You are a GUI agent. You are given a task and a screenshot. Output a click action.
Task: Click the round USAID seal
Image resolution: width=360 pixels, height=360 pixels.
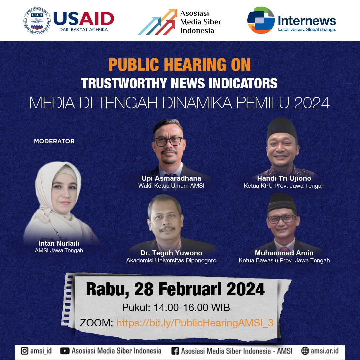(37, 21)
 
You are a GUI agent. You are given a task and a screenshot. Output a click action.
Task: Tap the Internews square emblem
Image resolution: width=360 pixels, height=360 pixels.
(261, 20)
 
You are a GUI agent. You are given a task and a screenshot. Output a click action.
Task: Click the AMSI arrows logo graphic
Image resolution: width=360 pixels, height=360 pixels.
(157, 22)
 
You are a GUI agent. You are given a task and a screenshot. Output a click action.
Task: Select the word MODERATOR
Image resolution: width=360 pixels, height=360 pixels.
(54, 141)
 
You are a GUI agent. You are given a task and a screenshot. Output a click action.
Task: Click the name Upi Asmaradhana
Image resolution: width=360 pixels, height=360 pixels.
(171, 178)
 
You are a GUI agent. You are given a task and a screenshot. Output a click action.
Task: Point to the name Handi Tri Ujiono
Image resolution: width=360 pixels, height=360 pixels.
(284, 178)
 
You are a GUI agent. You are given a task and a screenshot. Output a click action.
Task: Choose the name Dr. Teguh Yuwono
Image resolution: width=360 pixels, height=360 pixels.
(171, 253)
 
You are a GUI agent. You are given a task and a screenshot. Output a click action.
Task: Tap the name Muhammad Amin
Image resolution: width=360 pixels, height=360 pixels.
(284, 253)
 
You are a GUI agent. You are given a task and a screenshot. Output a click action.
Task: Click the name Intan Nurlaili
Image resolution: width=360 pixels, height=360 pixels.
(59, 243)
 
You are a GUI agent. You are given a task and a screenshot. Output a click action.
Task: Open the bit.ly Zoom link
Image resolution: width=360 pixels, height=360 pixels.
(195, 323)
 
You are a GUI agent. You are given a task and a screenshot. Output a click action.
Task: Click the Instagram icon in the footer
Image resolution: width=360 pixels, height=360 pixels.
(25, 351)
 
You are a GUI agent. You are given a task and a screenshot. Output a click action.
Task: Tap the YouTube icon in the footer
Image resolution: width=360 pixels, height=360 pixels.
(65, 351)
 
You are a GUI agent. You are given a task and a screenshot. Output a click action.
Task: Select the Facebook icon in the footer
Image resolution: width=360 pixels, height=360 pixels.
(175, 351)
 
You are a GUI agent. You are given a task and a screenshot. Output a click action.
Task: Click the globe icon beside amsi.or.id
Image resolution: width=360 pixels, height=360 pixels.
(305, 351)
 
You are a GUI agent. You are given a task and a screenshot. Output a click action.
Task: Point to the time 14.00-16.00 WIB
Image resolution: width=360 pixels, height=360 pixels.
(192, 307)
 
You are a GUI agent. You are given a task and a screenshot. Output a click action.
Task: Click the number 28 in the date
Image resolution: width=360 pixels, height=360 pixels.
(144, 289)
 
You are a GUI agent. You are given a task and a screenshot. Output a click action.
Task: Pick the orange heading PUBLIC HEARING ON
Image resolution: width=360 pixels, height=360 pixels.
(180, 65)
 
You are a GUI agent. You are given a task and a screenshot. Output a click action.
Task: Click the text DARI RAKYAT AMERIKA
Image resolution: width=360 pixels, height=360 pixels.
(84, 30)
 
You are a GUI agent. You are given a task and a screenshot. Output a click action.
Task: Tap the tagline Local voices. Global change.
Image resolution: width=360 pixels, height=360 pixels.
(307, 30)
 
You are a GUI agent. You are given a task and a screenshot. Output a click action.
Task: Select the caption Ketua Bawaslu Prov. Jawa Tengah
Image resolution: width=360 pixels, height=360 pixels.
(284, 260)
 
